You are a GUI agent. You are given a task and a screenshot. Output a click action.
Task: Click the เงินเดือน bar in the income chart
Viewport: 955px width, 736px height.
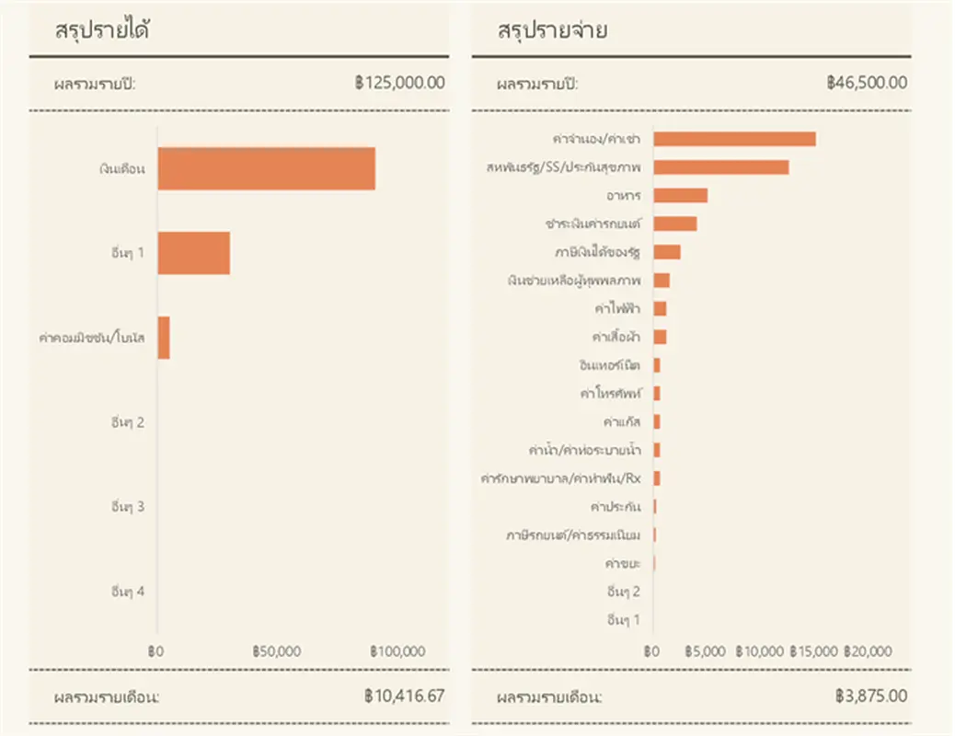point(266,168)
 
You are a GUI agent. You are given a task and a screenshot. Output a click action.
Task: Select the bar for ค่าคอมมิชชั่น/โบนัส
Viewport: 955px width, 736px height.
point(164,338)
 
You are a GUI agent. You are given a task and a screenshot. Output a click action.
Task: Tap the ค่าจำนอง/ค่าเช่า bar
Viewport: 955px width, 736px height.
point(734,139)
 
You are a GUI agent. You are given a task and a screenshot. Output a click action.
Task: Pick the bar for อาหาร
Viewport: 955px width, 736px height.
point(680,195)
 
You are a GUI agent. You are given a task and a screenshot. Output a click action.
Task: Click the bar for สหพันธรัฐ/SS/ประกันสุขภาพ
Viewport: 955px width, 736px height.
point(720,167)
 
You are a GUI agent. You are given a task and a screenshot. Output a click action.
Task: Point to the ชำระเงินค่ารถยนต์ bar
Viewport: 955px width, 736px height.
point(674,224)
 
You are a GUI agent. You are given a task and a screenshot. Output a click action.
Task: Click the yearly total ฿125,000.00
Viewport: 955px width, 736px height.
point(399,83)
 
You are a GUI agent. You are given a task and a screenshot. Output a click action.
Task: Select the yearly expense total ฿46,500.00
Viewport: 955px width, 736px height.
point(867,83)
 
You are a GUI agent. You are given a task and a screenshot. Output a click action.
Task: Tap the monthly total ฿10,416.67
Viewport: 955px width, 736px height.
point(404,696)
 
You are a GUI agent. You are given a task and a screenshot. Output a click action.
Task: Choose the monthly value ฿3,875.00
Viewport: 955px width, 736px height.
point(871,696)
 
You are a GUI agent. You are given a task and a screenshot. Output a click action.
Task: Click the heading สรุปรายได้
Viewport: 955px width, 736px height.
point(103,29)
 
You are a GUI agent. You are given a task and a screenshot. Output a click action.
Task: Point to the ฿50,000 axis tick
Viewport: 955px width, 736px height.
point(276,650)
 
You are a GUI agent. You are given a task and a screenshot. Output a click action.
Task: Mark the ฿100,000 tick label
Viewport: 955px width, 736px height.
point(397,650)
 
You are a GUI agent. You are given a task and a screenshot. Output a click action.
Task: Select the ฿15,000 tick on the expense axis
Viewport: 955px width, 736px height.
point(814,650)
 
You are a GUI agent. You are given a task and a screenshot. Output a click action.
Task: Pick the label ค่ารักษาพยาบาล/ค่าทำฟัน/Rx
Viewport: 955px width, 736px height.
point(560,478)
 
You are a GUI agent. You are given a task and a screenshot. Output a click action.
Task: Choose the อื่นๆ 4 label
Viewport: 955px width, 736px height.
point(126,592)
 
